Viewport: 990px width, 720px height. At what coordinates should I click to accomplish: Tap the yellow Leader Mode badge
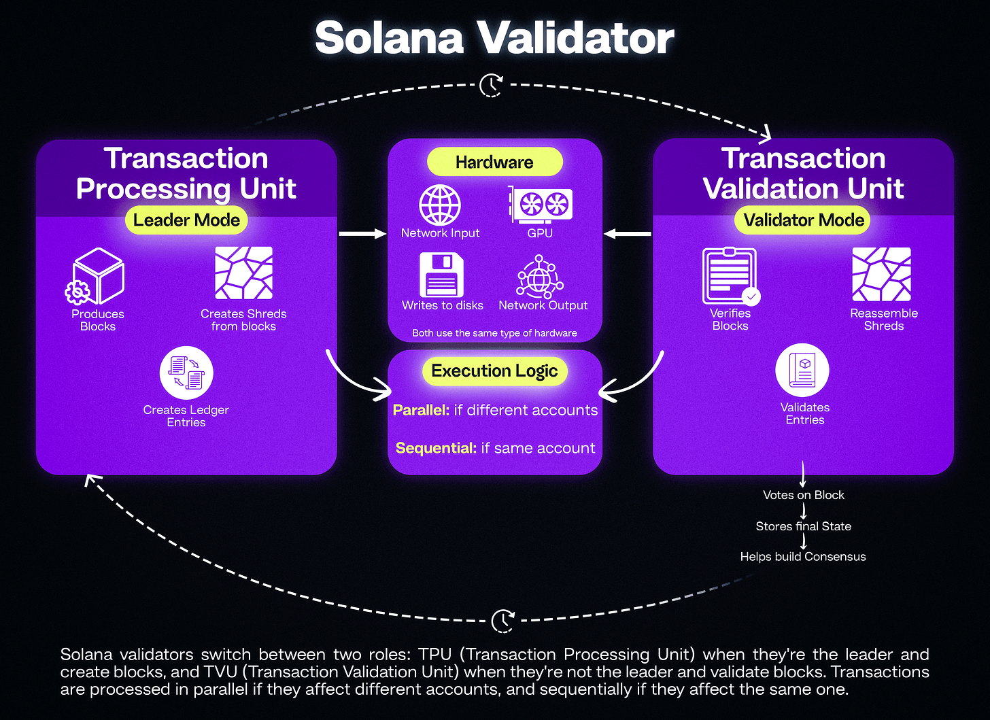point(186,220)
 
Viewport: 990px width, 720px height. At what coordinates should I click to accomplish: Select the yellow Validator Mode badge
point(803,220)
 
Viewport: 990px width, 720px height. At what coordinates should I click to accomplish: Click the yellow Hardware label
point(494,162)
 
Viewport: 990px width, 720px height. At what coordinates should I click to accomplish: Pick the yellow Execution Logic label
point(494,371)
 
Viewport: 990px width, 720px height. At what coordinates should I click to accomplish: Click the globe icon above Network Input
point(440,205)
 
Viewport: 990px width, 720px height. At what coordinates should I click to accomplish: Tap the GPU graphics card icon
point(541,205)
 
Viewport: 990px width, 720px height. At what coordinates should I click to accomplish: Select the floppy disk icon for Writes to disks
point(441,275)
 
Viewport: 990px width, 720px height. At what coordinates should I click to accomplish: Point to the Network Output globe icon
point(540,277)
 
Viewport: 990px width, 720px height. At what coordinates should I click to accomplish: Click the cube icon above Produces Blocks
point(96,277)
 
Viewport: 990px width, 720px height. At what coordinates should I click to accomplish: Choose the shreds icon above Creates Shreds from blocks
point(243,273)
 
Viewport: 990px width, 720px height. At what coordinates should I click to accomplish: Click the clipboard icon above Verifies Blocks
point(730,276)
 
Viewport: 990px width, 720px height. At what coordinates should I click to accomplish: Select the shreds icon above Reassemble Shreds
point(882,274)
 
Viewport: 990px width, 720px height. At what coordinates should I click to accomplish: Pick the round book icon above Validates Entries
point(802,371)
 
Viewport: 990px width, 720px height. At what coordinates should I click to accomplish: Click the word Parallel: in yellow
point(421,410)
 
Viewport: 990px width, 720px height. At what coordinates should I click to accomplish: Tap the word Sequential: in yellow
point(436,448)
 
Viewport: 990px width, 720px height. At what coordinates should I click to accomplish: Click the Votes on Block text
point(803,495)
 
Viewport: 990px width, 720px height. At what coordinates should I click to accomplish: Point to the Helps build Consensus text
point(803,557)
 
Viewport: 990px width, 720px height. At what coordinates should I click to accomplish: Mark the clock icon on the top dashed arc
point(491,86)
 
